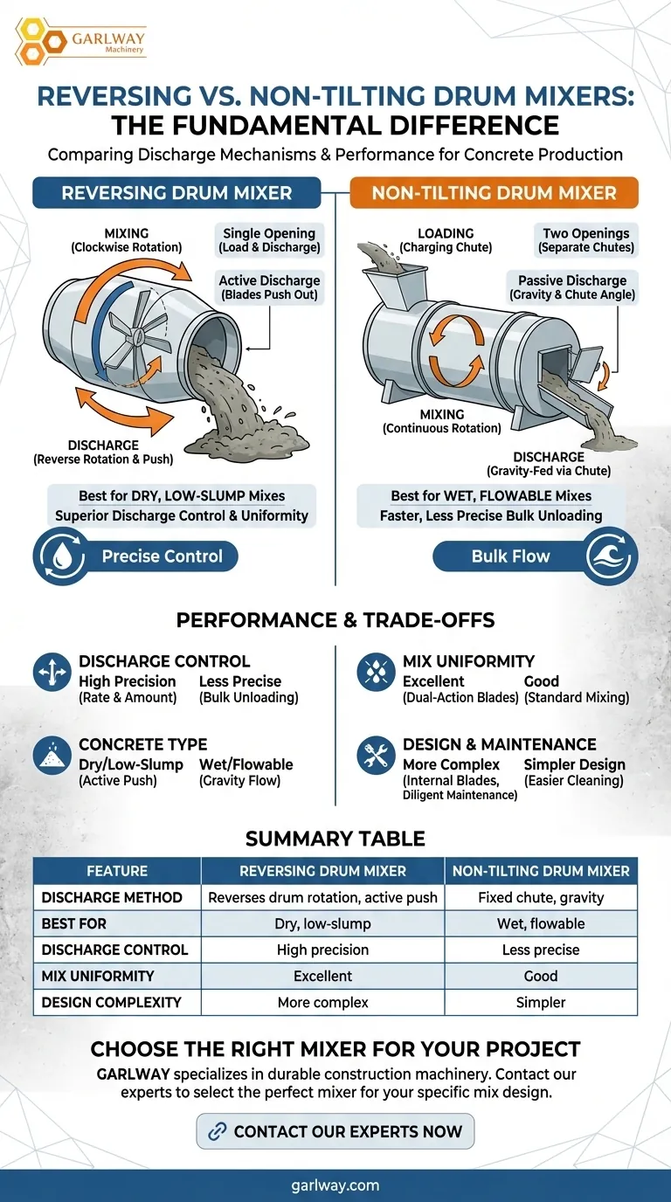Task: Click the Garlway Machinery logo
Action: (x=80, y=42)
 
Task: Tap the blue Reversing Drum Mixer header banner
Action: (x=176, y=193)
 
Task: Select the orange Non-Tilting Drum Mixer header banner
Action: (x=494, y=193)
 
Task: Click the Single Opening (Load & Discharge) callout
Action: (x=269, y=240)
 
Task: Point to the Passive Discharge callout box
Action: (x=572, y=287)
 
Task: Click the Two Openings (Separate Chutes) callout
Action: (x=585, y=240)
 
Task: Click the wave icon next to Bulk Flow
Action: (x=610, y=556)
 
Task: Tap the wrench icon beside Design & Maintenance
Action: (x=376, y=755)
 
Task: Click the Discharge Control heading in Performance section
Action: (x=164, y=661)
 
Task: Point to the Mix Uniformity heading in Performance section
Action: (x=468, y=661)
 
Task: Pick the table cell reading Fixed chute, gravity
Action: (x=541, y=898)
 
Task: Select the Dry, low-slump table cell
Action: (x=322, y=924)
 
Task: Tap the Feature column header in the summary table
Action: (x=117, y=871)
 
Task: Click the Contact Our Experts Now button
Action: (x=335, y=1131)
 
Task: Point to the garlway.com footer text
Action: (x=335, y=1185)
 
